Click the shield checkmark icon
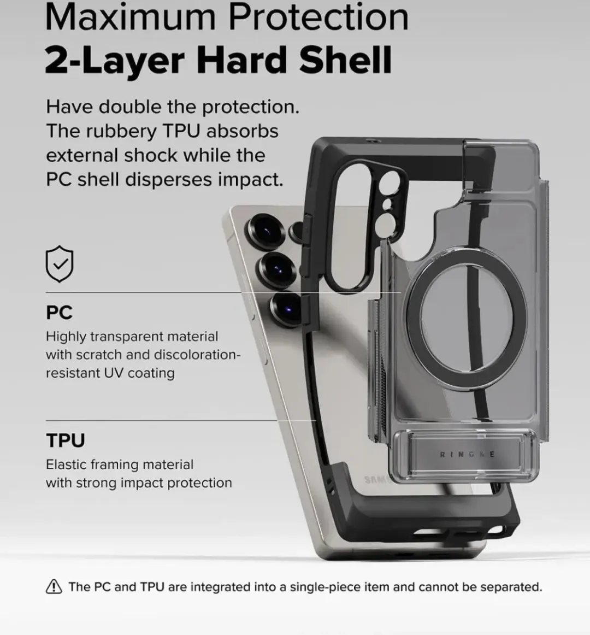point(60,263)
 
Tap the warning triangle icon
point(54,586)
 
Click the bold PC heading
point(59,312)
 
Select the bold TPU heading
point(66,440)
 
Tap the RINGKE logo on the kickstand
point(467,454)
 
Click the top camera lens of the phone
point(265,231)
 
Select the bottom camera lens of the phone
point(287,309)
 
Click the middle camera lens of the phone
point(278,269)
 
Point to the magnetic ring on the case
point(466,320)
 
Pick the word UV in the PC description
point(114,373)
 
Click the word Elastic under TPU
point(67,464)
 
